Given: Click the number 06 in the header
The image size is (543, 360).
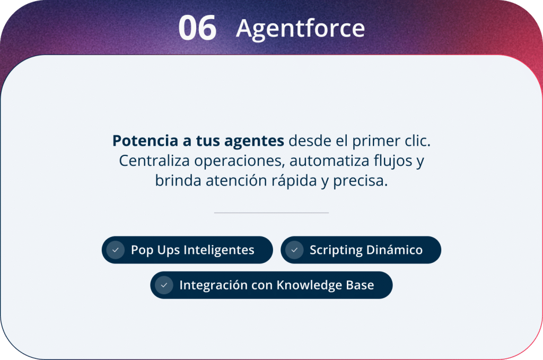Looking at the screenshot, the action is coord(197,28).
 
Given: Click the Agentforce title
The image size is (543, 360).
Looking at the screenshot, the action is coord(300,29).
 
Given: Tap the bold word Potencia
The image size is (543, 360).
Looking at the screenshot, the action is coord(145,141).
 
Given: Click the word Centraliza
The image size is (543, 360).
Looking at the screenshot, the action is coord(154,161).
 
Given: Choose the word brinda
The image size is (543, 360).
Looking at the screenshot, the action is coord(178,180).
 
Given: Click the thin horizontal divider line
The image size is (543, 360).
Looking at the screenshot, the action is coord(271,213).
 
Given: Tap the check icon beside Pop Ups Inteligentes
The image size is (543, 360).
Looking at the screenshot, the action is coord(116,250).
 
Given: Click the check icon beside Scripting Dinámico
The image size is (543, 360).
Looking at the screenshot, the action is coord(295,250).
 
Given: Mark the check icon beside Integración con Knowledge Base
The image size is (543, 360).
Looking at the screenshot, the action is coord(164,285).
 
